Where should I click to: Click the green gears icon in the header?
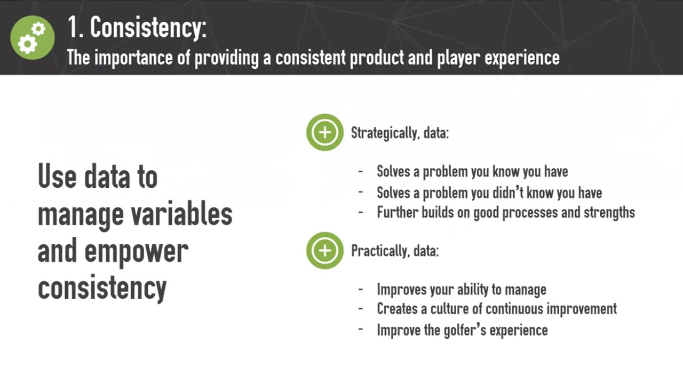pyautogui.click(x=33, y=37)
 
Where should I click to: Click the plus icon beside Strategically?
pyautogui.click(x=325, y=132)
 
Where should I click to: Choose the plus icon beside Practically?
pyautogui.click(x=325, y=251)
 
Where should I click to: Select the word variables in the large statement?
pyautogui.click(x=182, y=214)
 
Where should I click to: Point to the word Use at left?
pyautogui.click(x=57, y=176)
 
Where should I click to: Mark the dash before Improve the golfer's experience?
pyautogui.click(x=361, y=330)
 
